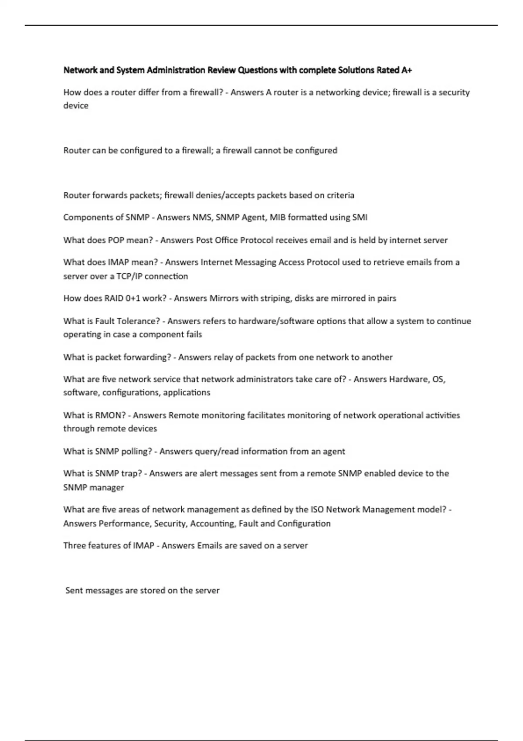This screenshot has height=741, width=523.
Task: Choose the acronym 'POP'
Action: point(116,240)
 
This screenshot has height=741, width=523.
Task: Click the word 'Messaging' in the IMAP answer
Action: point(255,262)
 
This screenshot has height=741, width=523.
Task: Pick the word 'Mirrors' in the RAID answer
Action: point(225,299)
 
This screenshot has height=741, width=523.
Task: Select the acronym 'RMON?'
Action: point(110,415)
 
